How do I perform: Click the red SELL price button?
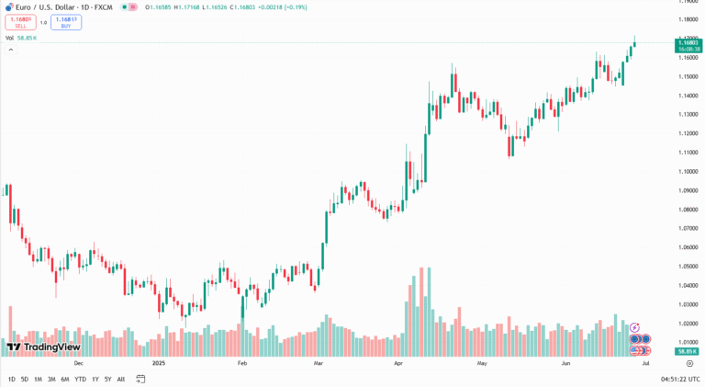click(x=20, y=22)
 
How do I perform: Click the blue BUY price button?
click(x=66, y=22)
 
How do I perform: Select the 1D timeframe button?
click(x=12, y=379)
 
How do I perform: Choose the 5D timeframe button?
click(x=25, y=379)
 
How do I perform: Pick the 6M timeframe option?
click(x=65, y=379)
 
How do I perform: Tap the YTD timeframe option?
click(x=80, y=379)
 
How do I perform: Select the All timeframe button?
click(x=121, y=379)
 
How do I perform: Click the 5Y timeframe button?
click(x=107, y=379)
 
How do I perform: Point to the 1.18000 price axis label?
click(x=688, y=19)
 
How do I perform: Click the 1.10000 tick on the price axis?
click(x=688, y=171)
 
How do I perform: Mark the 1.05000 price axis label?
click(x=688, y=267)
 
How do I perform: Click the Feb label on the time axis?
click(x=242, y=363)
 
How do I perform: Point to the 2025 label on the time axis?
click(x=159, y=363)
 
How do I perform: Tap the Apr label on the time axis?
click(x=398, y=363)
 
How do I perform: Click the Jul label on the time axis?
click(x=646, y=363)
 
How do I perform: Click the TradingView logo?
click(x=43, y=347)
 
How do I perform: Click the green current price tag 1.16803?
click(x=688, y=43)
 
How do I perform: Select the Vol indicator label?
click(x=9, y=38)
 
